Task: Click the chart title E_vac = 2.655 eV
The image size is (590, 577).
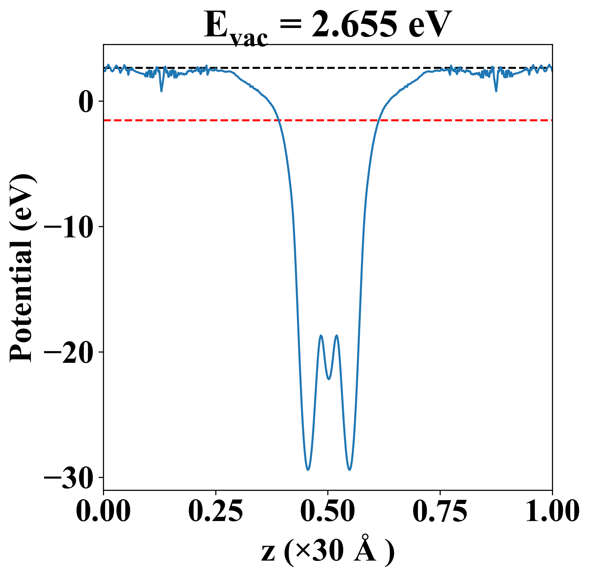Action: pyautogui.click(x=328, y=26)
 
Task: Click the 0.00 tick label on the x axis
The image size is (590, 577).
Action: pyautogui.click(x=103, y=511)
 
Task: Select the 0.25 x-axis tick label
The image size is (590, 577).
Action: pyautogui.click(x=215, y=511)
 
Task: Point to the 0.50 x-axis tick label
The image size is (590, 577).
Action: pyautogui.click(x=328, y=511)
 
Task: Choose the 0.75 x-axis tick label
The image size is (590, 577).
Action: pyautogui.click(x=440, y=511)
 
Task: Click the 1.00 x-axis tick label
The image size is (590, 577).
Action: pyautogui.click(x=552, y=511)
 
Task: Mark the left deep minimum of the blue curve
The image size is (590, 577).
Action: pyautogui.click(x=308, y=470)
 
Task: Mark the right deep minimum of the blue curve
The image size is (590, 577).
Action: pyautogui.click(x=350, y=470)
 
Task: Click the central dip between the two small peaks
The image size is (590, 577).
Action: pyautogui.click(x=329, y=379)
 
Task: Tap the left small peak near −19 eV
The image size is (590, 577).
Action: pyautogui.click(x=321, y=335)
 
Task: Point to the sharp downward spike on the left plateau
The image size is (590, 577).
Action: pyautogui.click(x=161, y=91)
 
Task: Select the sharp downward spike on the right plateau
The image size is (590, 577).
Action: pyautogui.click(x=496, y=91)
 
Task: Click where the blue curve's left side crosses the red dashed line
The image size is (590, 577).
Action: pyautogui.click(x=278, y=120)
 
